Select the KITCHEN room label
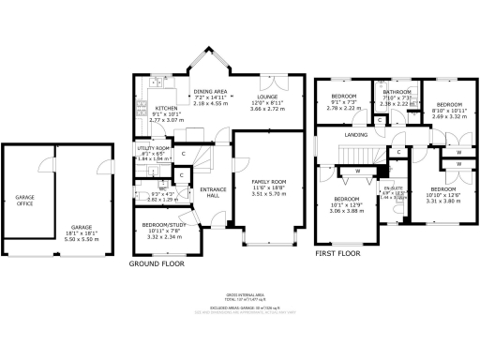click(x=165, y=108)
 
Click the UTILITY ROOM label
click(x=153, y=148)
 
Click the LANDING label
click(x=356, y=135)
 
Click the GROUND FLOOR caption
click(x=156, y=264)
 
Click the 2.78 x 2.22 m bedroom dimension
click(x=346, y=108)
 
